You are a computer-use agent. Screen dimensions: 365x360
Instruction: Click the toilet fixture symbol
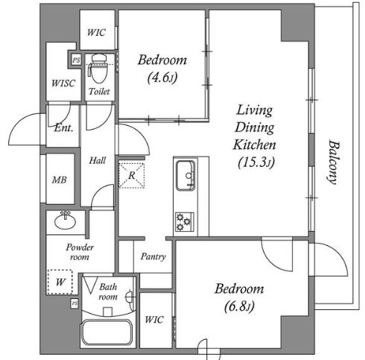click(x=99, y=69)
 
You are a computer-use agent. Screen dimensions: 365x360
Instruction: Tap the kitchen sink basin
click(x=185, y=175)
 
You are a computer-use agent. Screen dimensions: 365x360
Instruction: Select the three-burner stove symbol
click(x=185, y=222)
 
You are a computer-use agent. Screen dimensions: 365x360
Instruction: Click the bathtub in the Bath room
click(x=107, y=332)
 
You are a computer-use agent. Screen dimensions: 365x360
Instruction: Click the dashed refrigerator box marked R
click(x=132, y=175)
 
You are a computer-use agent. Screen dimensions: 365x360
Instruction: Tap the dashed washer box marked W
click(x=60, y=282)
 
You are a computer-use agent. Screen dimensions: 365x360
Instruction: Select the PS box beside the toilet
click(x=76, y=60)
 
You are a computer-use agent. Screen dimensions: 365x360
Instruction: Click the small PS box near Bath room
click(x=74, y=303)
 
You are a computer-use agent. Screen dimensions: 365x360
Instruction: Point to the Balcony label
click(x=333, y=162)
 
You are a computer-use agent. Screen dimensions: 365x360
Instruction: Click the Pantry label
click(x=153, y=256)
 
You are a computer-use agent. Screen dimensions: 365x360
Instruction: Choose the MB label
click(x=60, y=180)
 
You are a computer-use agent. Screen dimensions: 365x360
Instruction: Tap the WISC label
click(x=63, y=83)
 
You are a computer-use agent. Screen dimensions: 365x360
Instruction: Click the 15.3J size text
click(x=256, y=162)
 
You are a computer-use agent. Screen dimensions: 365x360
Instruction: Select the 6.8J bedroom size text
click(x=239, y=306)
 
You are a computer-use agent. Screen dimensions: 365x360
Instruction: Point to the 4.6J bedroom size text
click(x=162, y=78)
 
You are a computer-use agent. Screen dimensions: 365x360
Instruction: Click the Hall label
click(x=98, y=160)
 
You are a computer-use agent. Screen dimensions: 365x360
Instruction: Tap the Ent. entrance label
click(x=64, y=128)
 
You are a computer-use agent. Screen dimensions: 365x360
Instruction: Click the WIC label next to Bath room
click(x=154, y=320)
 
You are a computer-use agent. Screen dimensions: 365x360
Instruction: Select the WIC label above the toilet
click(x=96, y=32)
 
